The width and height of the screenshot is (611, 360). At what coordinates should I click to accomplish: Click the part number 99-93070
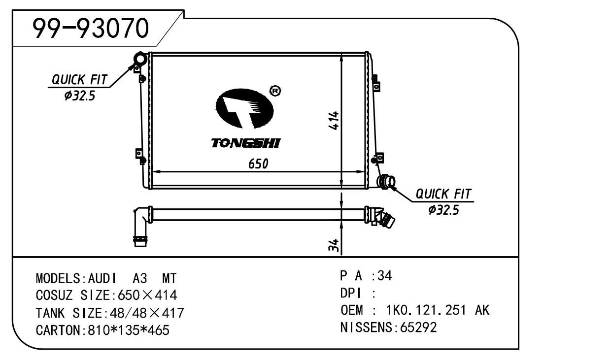(x=91, y=28)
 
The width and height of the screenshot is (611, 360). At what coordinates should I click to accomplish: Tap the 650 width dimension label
(x=258, y=164)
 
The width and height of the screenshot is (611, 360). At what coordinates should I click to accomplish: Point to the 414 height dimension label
(x=334, y=120)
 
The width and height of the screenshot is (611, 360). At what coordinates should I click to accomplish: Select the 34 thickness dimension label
(x=334, y=245)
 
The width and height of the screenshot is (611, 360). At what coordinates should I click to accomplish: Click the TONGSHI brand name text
(x=246, y=143)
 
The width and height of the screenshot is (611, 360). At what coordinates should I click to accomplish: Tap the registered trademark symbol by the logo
(x=275, y=91)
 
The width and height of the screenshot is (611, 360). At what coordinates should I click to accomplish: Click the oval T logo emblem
(x=244, y=108)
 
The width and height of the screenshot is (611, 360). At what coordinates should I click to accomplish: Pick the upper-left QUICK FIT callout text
(x=79, y=80)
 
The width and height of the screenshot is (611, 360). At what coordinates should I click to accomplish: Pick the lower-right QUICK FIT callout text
(x=443, y=194)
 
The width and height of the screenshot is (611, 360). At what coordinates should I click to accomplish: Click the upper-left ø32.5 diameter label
(x=80, y=96)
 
